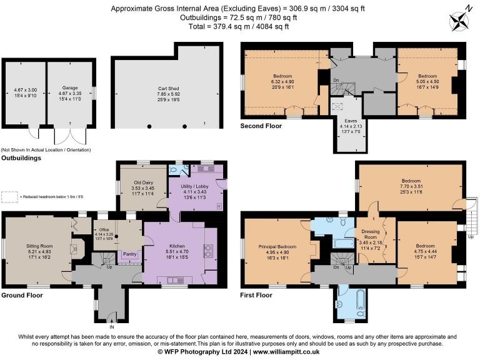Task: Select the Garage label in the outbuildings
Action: coord(69,88)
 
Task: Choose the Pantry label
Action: coord(131,254)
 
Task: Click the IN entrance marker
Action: coord(111,327)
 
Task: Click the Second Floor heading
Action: coord(261,126)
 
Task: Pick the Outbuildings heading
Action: coord(21,158)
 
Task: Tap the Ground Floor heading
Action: coord(22,294)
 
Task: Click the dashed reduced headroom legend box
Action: coord(9,196)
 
